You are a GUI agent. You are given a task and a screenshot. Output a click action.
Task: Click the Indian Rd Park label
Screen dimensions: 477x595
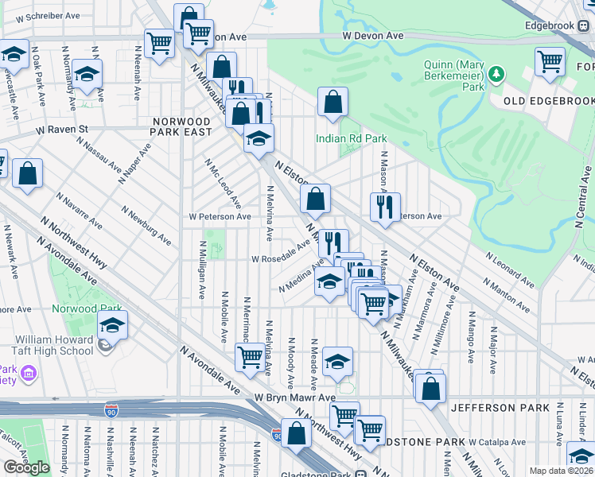coord(351,138)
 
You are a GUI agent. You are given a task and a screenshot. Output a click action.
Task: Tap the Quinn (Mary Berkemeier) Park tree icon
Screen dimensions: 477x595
coord(498,75)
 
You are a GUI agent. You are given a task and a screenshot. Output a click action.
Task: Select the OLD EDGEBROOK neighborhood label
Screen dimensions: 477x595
coord(549,102)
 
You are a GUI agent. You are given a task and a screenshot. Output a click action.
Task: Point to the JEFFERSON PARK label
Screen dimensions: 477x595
coord(500,408)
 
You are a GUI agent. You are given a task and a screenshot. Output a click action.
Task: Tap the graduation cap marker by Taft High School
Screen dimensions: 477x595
coord(112,325)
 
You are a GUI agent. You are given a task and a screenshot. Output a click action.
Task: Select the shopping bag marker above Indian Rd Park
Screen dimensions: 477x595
coord(332,102)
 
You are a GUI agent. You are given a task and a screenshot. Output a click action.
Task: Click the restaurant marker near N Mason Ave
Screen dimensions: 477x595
coord(385,207)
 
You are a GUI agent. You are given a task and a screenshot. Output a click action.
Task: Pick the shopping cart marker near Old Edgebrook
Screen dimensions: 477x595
coord(550,61)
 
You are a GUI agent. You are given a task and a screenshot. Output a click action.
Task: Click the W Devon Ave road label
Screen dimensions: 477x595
coord(374,37)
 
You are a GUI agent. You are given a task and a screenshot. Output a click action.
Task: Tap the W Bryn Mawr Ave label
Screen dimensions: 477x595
coord(295,397)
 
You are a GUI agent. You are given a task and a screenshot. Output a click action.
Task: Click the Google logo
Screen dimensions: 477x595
coord(26,467)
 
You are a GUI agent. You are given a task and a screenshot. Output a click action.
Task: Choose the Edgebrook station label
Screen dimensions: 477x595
coord(550,25)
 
